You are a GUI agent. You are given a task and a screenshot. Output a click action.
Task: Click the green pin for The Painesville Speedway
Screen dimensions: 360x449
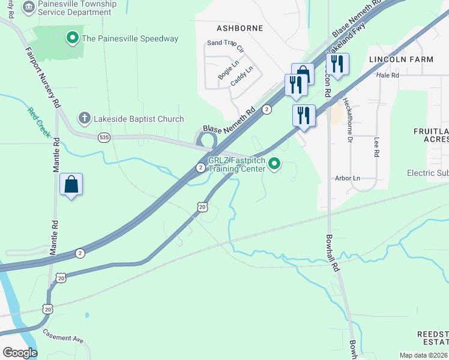(x=73, y=39)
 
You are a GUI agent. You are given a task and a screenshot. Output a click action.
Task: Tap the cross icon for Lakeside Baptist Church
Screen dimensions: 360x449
(x=85, y=119)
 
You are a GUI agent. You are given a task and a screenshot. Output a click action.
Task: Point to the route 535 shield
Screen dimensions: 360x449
(x=104, y=137)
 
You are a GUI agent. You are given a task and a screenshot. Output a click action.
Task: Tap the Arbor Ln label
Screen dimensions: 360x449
(x=348, y=178)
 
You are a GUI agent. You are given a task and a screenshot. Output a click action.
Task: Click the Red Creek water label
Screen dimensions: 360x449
(x=38, y=122)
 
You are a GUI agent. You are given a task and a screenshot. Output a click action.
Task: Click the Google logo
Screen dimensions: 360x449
(x=19, y=353)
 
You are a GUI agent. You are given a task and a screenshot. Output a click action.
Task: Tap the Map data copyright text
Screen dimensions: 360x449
(x=424, y=355)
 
